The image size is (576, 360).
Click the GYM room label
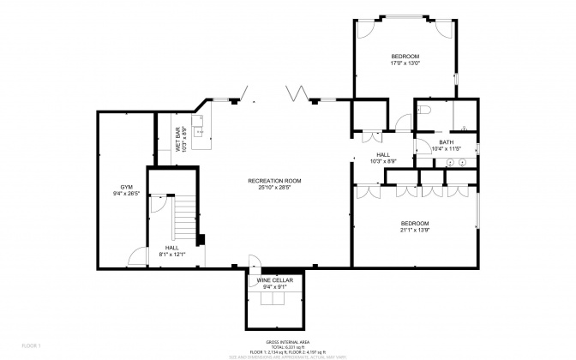click(x=126, y=187)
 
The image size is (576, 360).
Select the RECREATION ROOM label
click(x=274, y=180)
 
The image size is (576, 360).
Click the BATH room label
click(x=446, y=142)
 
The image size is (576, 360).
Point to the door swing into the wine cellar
click(x=254, y=262)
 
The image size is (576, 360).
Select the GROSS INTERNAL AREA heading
click(x=287, y=340)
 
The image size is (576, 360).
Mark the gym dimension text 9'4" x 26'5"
click(x=126, y=194)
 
